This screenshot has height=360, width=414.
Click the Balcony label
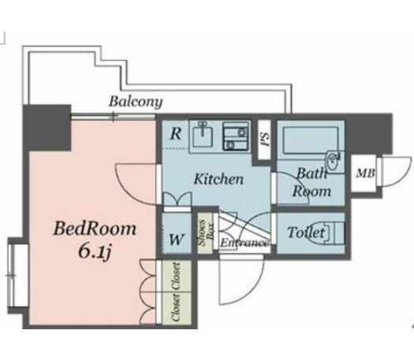[x=136, y=102]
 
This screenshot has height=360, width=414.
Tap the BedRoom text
[x=95, y=228]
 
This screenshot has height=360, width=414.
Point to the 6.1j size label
[x=95, y=253]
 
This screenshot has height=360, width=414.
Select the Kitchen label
[x=218, y=179]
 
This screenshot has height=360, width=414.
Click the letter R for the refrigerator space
[x=176, y=133]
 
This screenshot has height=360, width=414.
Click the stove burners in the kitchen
[x=236, y=135]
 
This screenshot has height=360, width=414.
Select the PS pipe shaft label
[x=265, y=139]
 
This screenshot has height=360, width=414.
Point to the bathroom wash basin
[x=334, y=161]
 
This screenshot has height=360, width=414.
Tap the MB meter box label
[x=365, y=173]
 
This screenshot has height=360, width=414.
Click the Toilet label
[x=306, y=232]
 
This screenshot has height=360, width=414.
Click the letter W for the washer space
[x=177, y=239]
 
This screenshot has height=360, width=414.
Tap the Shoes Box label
[x=206, y=232]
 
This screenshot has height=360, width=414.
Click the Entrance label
[x=244, y=243]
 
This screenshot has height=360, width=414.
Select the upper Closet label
[x=176, y=276]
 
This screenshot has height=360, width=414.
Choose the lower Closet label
[x=176, y=307]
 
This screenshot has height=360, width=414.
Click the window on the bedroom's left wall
[x=12, y=276]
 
